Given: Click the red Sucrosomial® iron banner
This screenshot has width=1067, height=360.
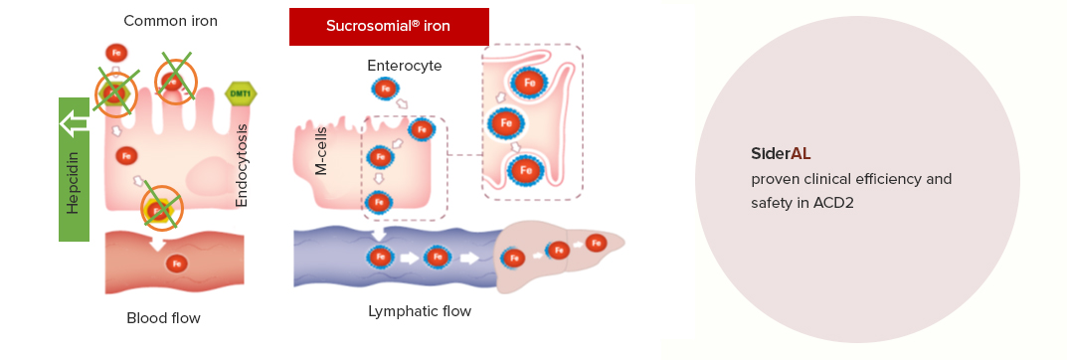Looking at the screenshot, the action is pyautogui.click(x=389, y=27).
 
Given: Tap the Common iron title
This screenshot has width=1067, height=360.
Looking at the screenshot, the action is pyautogui.click(x=170, y=21).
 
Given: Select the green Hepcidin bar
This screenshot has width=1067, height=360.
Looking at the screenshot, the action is pyautogui.click(x=74, y=169).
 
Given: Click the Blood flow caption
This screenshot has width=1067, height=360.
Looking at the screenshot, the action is pyautogui.click(x=163, y=318).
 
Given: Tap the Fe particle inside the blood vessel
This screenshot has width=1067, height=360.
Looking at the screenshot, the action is pyautogui.click(x=177, y=264).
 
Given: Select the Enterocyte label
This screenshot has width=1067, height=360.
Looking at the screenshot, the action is pyautogui.click(x=404, y=66).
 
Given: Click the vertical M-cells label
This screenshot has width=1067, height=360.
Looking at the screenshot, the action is pyautogui.click(x=321, y=151).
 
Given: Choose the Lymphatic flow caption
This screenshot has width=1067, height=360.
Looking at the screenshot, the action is pyautogui.click(x=420, y=311).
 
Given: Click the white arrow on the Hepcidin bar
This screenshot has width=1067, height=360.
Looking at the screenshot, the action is pyautogui.click(x=75, y=123).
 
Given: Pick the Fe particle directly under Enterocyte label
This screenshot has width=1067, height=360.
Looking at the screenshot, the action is pyautogui.click(x=385, y=90).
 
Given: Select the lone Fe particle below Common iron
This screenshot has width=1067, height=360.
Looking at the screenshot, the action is pyautogui.click(x=115, y=53).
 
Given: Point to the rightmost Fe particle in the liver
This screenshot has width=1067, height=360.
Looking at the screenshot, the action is pyautogui.click(x=596, y=243).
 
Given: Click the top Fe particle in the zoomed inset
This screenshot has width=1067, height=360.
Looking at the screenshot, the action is pyautogui.click(x=529, y=83).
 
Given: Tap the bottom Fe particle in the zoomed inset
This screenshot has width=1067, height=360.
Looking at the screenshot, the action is pyautogui.click(x=525, y=171).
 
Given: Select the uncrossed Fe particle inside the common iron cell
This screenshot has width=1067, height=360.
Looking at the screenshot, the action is pyautogui.click(x=126, y=156).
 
